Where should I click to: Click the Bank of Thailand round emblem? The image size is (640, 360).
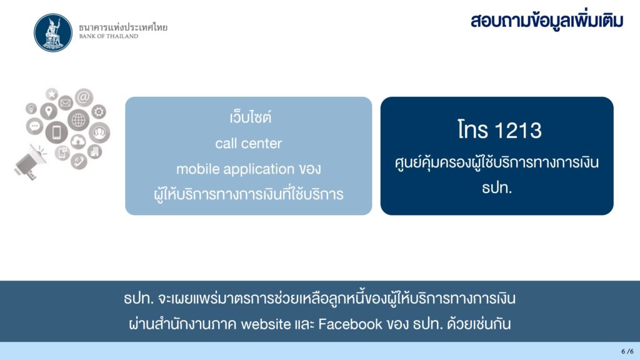53,32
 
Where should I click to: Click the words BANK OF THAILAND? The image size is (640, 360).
109,36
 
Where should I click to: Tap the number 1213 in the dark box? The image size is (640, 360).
518,131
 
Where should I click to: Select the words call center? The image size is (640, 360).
249,143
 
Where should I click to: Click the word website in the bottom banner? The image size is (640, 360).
266,324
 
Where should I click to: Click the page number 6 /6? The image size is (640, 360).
627,351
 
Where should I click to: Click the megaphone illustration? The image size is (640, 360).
29,162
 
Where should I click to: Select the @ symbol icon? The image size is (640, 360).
84,97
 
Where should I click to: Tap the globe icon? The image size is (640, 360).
78,120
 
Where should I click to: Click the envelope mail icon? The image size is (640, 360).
65,103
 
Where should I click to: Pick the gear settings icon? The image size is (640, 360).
99,111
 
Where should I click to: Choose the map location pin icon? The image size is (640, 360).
49,111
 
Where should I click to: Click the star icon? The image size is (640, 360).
52,94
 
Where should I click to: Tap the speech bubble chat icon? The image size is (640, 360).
35,126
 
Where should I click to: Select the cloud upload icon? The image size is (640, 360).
78,141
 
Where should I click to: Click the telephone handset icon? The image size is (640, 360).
78,161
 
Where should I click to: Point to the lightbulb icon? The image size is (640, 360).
31,109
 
